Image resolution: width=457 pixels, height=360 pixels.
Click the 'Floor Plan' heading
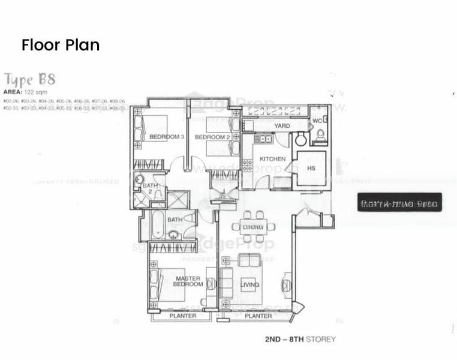(60, 45)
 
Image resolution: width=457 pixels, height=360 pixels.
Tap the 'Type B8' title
(30, 79)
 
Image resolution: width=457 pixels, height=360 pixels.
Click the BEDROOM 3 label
(166, 137)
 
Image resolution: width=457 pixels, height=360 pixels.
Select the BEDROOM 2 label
(213, 137)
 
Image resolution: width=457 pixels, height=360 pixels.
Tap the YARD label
(282, 126)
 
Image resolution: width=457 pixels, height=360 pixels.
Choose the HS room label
(311, 169)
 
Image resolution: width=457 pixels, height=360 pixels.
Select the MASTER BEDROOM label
(188, 281)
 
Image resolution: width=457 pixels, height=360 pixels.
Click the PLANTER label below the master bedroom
(182, 316)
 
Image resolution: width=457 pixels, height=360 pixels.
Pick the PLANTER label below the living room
(258, 316)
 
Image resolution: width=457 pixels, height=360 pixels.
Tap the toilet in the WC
(320, 134)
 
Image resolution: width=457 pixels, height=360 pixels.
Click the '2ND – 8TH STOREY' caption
(300, 340)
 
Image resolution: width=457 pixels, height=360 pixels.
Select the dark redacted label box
(399, 202)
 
